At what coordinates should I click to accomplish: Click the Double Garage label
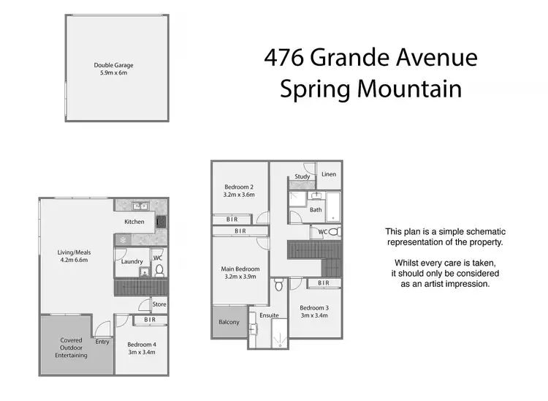pos(113,65)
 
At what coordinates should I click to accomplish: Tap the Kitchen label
pos(134,222)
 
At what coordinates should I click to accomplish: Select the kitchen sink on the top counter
pos(141,206)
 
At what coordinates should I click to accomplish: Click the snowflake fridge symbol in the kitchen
pos(123,239)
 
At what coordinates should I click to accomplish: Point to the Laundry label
pos(132,261)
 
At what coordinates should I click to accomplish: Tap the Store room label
pos(159,304)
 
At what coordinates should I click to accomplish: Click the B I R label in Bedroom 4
pos(149,320)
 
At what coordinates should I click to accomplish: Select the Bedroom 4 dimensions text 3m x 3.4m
pos(141,353)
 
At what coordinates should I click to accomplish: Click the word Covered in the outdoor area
pos(71,339)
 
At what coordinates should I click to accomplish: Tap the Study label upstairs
pos(302,176)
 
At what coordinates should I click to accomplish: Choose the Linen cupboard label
pos(329,174)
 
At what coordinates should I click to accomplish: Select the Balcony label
pos(229,322)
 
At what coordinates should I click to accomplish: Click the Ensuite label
pos(270,315)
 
